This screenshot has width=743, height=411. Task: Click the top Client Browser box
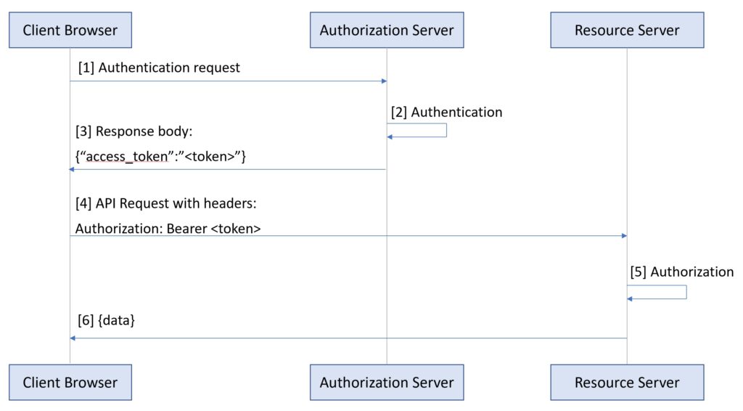point(70,30)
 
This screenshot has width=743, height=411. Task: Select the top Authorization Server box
point(386,30)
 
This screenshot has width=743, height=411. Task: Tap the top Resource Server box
point(627,30)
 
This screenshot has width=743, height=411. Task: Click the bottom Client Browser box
point(70,382)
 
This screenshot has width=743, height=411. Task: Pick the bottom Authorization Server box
point(386,382)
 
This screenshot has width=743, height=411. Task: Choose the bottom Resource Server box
point(627,382)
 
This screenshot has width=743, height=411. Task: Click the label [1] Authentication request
point(159,68)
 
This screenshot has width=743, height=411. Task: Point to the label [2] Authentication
point(446,113)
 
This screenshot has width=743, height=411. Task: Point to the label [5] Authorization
point(681,272)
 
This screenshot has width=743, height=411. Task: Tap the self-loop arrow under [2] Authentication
point(446,131)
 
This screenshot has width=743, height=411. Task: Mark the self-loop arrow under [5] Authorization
point(686,292)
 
